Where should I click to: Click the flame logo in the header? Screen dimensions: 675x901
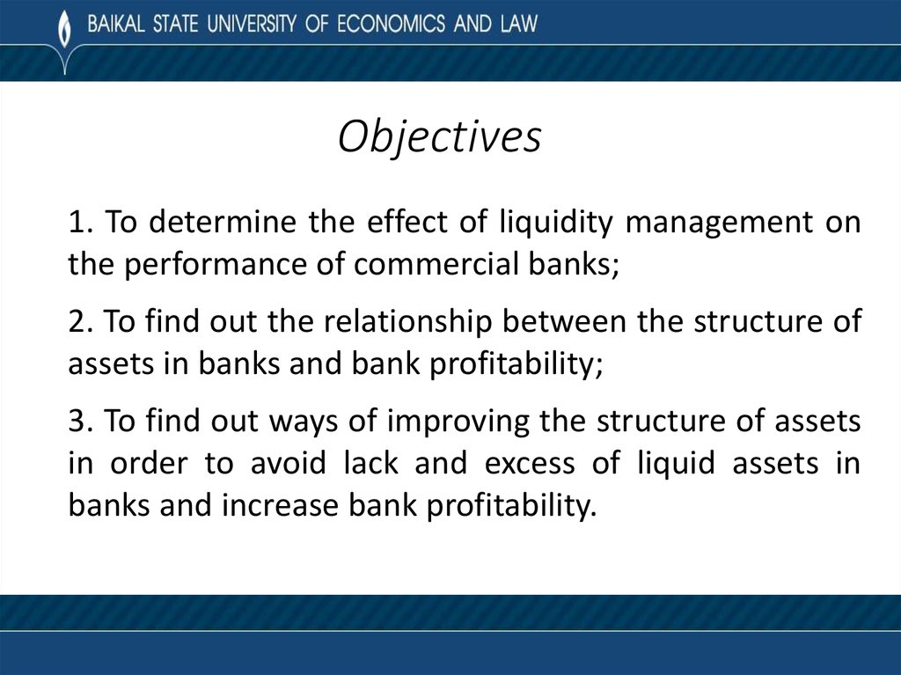(62, 26)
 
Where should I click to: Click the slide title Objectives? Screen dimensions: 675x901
(440, 138)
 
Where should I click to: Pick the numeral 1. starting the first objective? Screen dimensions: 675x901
(80, 224)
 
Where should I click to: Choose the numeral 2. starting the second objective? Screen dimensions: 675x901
(80, 322)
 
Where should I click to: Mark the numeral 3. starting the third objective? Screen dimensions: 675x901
(80, 422)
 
